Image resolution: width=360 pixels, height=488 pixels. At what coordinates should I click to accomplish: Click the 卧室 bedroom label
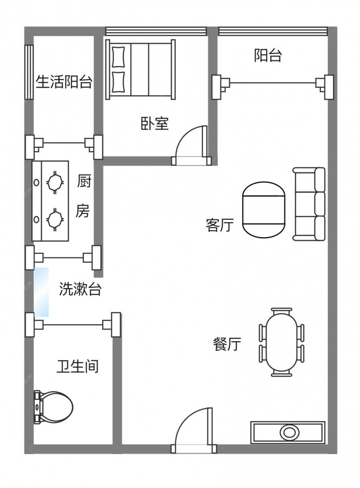click(x=154, y=123)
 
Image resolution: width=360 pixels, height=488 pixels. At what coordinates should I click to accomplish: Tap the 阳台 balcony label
click(x=268, y=55)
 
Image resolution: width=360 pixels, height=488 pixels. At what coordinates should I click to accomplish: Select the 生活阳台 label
click(x=64, y=82)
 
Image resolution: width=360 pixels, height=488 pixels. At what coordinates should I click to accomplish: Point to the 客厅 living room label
click(x=220, y=225)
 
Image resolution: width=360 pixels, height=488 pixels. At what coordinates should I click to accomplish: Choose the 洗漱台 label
click(x=80, y=289)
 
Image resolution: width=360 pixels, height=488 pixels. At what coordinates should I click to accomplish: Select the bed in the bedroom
click(x=140, y=69)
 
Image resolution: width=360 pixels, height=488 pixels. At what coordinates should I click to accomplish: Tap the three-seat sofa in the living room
click(x=309, y=204)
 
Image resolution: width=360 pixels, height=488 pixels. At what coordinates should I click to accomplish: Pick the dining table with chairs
click(x=282, y=342)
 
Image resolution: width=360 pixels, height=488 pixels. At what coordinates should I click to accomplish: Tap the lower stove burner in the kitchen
click(x=55, y=220)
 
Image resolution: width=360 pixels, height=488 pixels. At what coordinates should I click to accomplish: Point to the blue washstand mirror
click(x=41, y=292)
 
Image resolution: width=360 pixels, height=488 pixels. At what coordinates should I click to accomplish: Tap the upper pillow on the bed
click(x=118, y=57)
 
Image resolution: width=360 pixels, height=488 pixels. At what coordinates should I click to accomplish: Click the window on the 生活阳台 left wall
click(x=29, y=72)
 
